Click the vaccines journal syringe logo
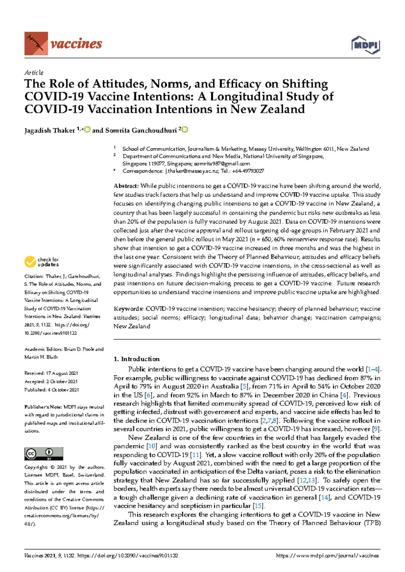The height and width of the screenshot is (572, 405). pyautogui.click(x=36, y=44)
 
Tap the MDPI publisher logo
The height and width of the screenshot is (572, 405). pyautogui.click(x=366, y=45)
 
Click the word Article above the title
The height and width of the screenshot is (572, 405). pyautogui.click(x=34, y=73)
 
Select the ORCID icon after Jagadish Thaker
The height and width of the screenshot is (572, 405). pyautogui.click(x=87, y=130)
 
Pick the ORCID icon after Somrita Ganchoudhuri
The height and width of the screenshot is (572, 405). pyautogui.click(x=185, y=130)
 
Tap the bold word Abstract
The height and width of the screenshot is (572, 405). pyautogui.click(x=126, y=186)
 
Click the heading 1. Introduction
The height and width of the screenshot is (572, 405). pyautogui.click(x=137, y=359)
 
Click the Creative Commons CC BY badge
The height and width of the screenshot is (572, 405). pyautogui.click(x=44, y=454)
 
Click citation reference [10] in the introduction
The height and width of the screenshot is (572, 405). pyautogui.click(x=152, y=446)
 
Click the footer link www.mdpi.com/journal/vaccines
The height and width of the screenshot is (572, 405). pyautogui.click(x=327, y=556)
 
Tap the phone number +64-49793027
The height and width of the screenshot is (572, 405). pyautogui.click(x=248, y=171)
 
